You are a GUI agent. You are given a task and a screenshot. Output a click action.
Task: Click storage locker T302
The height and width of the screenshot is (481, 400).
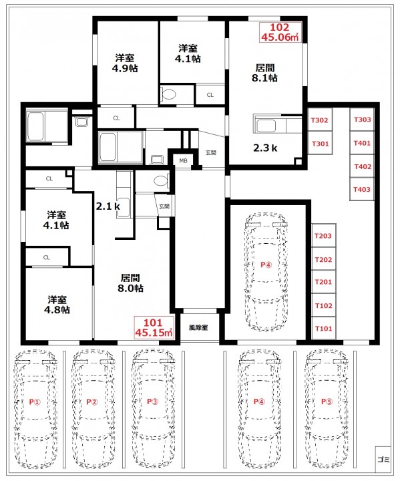[x=320, y=120]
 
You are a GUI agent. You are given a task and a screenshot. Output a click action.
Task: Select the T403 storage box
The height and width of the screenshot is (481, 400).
[x=362, y=189]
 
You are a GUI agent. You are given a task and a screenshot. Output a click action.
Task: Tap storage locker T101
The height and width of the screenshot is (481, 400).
[x=324, y=329]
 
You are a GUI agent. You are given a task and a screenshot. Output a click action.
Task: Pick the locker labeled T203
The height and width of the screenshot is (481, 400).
[x=324, y=236]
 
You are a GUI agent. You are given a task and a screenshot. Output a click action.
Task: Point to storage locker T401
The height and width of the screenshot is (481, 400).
[x=362, y=143]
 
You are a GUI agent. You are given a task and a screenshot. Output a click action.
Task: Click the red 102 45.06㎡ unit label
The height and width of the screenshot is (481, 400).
[x=280, y=32]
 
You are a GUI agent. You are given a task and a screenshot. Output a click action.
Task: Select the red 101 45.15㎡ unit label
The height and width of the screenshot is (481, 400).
[x=154, y=327]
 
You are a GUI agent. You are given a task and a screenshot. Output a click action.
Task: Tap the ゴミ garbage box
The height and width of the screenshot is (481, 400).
[x=383, y=459]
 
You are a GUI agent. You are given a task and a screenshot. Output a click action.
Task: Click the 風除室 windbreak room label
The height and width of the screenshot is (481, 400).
[x=198, y=327]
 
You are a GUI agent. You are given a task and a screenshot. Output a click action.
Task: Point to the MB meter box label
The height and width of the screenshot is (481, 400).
[x=183, y=160]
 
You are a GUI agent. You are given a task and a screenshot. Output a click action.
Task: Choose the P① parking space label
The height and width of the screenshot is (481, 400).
[x=35, y=402]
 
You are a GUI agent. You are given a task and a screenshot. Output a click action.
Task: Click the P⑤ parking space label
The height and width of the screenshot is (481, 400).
[x=327, y=402]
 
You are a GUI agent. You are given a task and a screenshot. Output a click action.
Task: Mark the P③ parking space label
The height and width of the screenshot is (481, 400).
[x=152, y=402]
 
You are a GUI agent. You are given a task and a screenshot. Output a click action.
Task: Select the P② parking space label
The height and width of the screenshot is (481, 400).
[x=92, y=402]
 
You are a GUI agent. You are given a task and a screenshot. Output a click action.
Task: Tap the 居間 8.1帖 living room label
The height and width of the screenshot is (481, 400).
[x=264, y=73]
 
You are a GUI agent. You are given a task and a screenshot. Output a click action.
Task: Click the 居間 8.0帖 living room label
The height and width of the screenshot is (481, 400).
[x=130, y=283]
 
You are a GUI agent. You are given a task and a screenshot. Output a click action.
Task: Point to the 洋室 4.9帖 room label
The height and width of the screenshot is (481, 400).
[x=125, y=63]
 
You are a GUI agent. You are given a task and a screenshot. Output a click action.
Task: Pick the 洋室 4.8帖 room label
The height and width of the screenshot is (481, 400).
[x=57, y=305]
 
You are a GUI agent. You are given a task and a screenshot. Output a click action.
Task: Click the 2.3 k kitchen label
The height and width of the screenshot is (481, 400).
[x=265, y=148]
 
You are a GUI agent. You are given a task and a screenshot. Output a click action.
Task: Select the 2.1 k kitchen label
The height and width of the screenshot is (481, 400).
[x=108, y=206]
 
